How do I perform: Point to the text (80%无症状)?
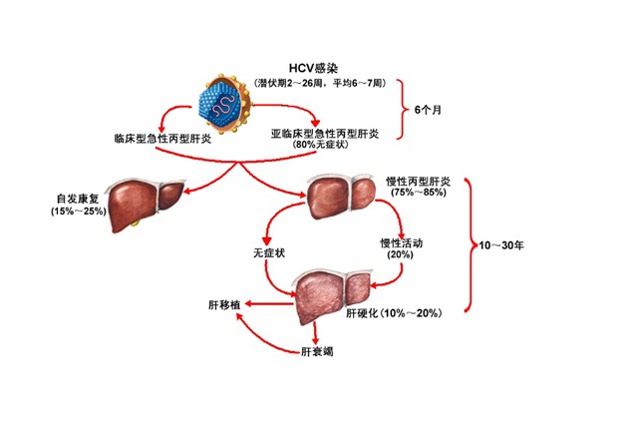pyautogui.click(x=318, y=145)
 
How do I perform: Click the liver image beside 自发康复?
pyautogui.click(x=147, y=200)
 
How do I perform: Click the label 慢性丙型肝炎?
pyautogui.click(x=419, y=182)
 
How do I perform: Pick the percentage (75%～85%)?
pyautogui.click(x=419, y=194)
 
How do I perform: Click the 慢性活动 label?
pyautogui.click(x=401, y=243)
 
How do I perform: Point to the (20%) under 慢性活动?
pyautogui.click(x=401, y=255)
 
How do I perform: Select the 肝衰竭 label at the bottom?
pyautogui.click(x=316, y=352)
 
